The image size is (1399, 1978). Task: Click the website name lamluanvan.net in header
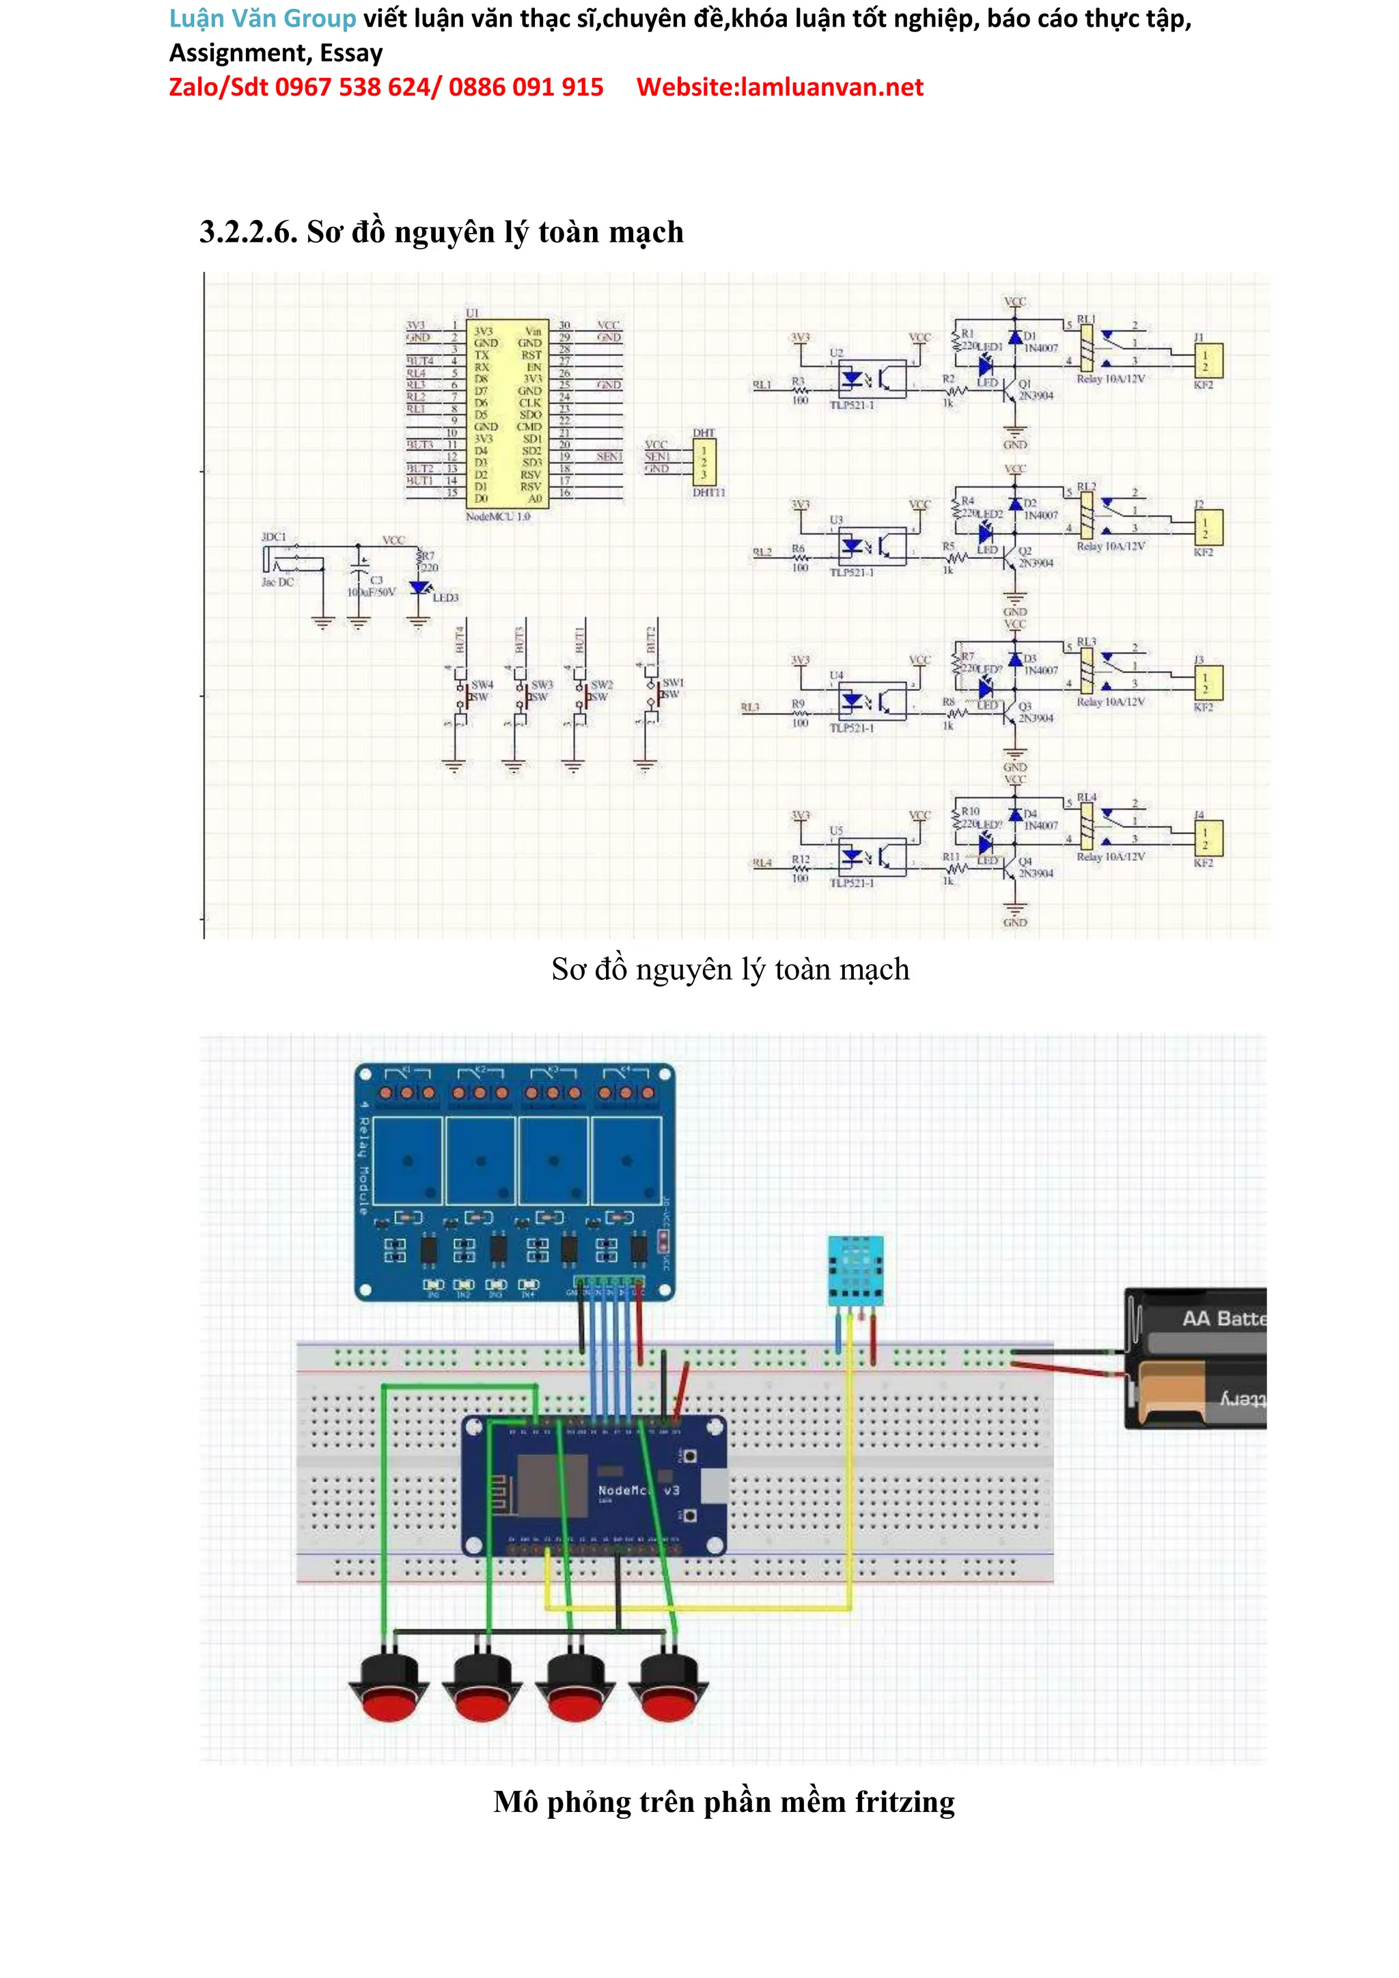click(831, 87)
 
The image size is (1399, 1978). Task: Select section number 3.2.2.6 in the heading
click(248, 232)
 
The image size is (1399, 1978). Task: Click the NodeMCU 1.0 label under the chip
click(498, 517)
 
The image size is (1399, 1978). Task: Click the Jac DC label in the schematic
click(277, 582)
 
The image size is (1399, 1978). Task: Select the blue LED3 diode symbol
click(419, 588)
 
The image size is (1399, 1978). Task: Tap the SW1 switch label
click(673, 683)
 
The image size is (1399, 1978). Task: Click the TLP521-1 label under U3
click(851, 573)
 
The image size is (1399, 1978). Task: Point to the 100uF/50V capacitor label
click(372, 592)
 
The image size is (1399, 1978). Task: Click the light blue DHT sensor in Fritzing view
click(855, 1271)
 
